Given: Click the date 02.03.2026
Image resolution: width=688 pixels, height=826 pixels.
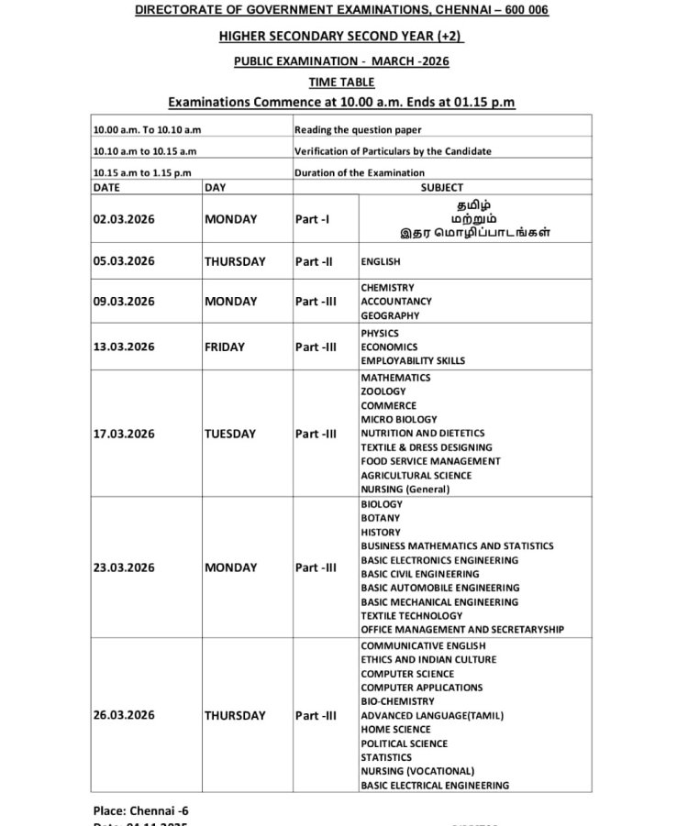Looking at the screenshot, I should pos(124,219).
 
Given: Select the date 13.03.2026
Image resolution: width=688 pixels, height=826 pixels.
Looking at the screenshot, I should pos(124,347).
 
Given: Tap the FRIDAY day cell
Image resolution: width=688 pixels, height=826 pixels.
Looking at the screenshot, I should pos(225,347).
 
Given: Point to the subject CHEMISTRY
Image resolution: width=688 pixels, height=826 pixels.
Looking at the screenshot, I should pos(387,288).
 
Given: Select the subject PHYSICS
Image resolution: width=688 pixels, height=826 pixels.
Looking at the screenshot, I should pos(380,334).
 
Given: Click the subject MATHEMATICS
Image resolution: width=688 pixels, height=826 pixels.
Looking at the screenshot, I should pos(395,378).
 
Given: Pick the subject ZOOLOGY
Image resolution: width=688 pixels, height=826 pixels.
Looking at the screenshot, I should pos(383,391).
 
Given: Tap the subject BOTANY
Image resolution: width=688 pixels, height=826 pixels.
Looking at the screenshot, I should pos(380,518).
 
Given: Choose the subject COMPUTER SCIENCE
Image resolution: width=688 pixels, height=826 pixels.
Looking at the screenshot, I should pos(407,674).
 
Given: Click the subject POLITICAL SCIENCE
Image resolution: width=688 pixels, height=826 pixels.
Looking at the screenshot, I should pos(405,743).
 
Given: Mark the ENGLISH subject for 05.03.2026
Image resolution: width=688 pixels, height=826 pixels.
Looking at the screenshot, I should pos(381,261).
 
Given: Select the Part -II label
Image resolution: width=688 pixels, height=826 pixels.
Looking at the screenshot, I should pos(314,261).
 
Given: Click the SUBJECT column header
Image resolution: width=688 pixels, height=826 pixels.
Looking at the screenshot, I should pos(442,187).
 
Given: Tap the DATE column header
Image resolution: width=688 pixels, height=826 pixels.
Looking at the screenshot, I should pos(106,187).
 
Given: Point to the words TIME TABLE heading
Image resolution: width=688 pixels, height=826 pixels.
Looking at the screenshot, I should pos(341,83).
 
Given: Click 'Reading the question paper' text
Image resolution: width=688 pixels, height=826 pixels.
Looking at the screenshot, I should pos(358,130).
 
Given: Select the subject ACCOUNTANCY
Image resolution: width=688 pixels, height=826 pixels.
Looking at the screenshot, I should pos(396,302).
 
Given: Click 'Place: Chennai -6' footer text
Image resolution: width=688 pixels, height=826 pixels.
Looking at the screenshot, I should pos(141,810).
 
